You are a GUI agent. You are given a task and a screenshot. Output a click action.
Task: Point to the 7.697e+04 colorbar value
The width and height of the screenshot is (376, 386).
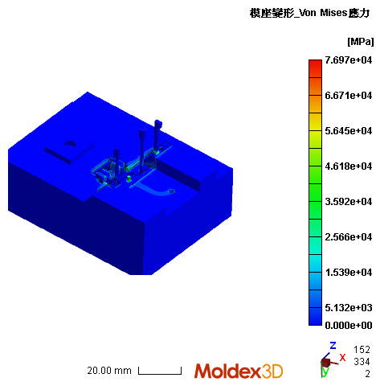pyautogui.click(x=348, y=60)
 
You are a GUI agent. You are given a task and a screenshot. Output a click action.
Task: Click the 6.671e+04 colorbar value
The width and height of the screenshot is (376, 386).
pyautogui.click(x=348, y=96)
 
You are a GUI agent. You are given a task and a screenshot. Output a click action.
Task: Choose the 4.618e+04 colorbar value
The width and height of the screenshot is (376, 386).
pyautogui.click(x=348, y=166)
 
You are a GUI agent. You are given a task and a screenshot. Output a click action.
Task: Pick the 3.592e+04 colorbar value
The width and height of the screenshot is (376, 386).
pyautogui.click(x=348, y=202)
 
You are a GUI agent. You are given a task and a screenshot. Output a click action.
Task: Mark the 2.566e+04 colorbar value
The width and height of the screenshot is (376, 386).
pyautogui.click(x=348, y=237)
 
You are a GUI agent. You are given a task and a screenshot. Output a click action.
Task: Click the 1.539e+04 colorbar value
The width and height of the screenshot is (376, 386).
pyautogui.click(x=348, y=273)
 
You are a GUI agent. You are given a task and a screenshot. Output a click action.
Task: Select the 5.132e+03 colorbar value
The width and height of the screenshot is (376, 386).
pyautogui.click(x=348, y=308)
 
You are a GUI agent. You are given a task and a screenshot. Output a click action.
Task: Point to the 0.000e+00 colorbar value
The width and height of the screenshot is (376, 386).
pyautogui.click(x=348, y=325)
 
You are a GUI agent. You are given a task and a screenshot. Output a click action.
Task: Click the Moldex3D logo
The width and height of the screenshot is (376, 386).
pyautogui.click(x=239, y=371)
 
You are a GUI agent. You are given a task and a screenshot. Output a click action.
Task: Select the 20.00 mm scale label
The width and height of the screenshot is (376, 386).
pyautogui.click(x=109, y=371)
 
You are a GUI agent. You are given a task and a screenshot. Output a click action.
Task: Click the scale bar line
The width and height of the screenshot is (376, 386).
pyautogui.click(x=160, y=372)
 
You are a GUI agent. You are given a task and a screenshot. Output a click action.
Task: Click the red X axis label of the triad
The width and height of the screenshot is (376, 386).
pyautogui.click(x=342, y=357)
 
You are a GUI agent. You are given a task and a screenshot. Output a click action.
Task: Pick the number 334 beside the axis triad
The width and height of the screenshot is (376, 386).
pyautogui.click(x=362, y=362)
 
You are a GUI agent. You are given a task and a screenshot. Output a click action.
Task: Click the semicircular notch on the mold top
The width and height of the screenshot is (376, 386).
pyautogui.click(x=70, y=145)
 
